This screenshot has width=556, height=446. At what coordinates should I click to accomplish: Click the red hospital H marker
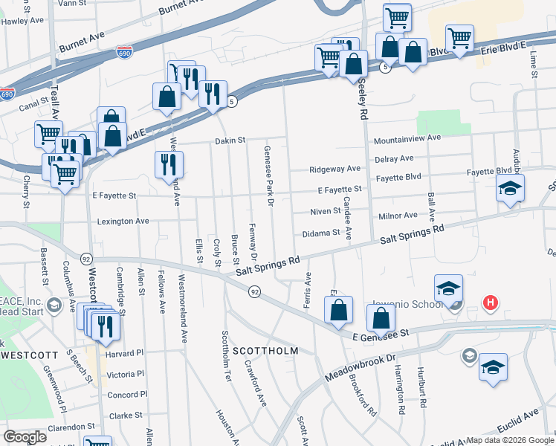click(x=490, y=303)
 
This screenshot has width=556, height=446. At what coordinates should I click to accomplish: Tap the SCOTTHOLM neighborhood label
click(x=265, y=350)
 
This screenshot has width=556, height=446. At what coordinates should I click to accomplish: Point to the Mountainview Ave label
click(x=407, y=138)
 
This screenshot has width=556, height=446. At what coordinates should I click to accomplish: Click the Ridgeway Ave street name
click(x=335, y=169)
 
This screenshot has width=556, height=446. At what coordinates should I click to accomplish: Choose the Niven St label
click(x=326, y=212)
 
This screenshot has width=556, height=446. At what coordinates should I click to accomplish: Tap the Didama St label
click(x=321, y=233)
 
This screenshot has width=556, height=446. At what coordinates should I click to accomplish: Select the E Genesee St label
click(x=381, y=336)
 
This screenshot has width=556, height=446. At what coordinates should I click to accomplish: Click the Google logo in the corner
click(x=25, y=437)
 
